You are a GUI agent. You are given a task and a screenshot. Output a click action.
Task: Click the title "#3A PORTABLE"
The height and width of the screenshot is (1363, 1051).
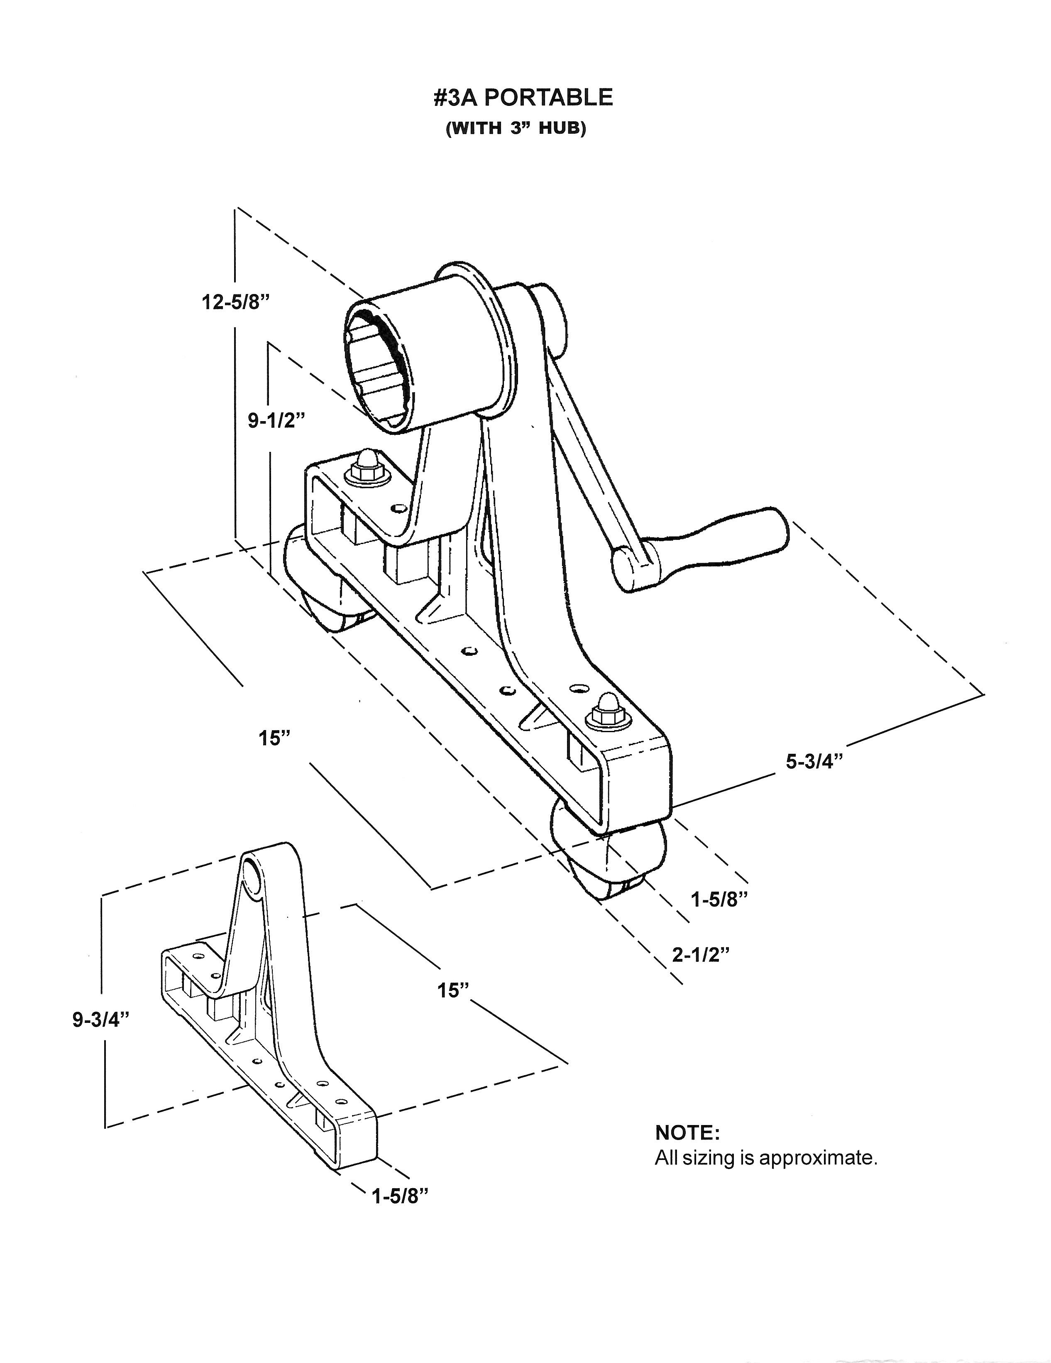point(523,98)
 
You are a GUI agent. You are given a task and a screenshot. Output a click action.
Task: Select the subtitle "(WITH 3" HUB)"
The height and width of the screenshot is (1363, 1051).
point(516,129)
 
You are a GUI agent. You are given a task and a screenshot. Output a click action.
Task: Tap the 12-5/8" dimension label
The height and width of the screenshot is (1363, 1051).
point(235,303)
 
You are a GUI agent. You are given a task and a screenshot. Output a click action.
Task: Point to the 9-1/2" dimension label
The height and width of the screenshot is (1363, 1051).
point(276,421)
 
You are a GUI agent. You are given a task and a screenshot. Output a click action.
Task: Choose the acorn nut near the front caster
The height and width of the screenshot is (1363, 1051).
point(606,710)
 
